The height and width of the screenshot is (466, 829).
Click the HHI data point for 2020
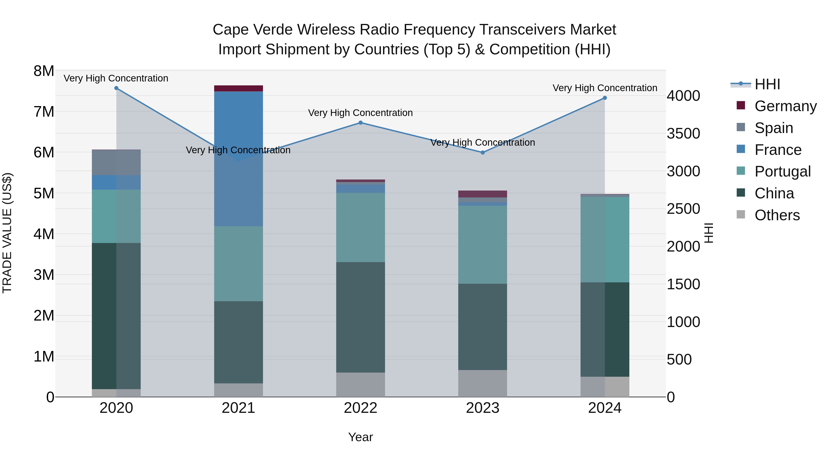point(117,88)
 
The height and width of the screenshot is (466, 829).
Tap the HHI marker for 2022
point(360,122)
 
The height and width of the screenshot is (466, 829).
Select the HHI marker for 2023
point(483,152)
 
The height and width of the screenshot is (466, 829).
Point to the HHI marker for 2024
point(605,98)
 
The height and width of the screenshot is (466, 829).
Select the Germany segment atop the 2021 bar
point(239,88)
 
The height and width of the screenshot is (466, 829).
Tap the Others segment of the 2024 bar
point(605,387)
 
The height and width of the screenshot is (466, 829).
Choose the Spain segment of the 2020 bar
point(117,162)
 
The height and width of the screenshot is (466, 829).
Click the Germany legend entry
point(785,106)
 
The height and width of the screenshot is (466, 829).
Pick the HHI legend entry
point(767,84)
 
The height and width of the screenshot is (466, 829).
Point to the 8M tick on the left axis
point(44,71)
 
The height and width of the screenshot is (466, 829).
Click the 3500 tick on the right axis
point(683,133)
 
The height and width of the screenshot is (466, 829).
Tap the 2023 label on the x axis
point(483,408)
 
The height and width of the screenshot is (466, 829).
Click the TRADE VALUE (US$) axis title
point(7,233)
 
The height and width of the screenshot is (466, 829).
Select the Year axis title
point(360,437)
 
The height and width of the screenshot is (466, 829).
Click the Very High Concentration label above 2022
point(360,113)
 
